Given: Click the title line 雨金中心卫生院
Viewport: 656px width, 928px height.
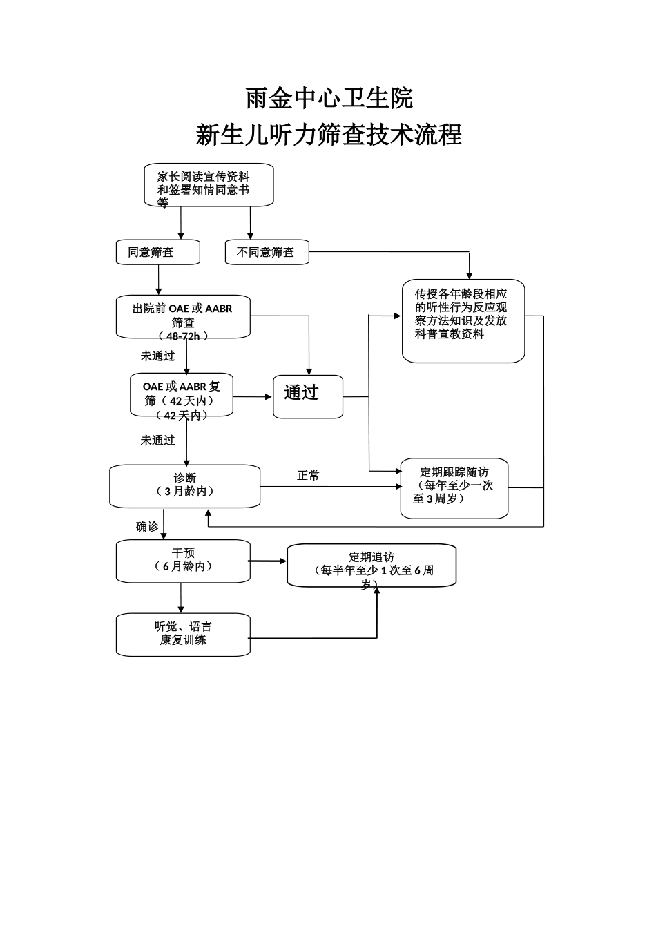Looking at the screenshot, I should (x=329, y=98).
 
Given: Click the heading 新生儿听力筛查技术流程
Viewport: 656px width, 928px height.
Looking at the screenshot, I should (x=329, y=135).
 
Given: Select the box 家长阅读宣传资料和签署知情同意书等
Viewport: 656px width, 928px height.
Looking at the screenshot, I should (x=209, y=185).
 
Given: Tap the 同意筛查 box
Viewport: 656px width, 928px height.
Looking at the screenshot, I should (x=157, y=252).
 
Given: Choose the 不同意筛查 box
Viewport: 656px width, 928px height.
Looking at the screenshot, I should (x=267, y=252).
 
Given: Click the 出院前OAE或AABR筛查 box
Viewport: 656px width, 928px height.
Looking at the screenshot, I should (x=183, y=318).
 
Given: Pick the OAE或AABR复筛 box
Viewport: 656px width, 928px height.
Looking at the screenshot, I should (x=182, y=395).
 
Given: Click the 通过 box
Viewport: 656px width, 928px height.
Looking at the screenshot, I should (x=308, y=396).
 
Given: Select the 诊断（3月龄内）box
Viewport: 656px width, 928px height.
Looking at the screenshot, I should (x=185, y=486).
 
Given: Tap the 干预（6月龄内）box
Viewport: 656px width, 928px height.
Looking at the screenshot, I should (x=183, y=561).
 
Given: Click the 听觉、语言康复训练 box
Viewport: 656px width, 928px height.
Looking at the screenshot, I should (x=183, y=634).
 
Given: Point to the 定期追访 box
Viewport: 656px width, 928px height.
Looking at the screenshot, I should (x=372, y=565).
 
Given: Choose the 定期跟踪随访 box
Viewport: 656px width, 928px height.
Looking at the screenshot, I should (x=454, y=487).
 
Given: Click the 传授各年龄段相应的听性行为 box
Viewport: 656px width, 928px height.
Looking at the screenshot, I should (x=463, y=320).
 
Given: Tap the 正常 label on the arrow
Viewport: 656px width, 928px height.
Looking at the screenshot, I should (x=308, y=476).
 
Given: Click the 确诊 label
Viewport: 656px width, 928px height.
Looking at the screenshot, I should (x=147, y=526).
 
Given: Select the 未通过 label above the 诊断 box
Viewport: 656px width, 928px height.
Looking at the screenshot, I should (x=157, y=440).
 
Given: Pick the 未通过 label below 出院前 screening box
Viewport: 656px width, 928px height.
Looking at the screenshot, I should (x=157, y=356).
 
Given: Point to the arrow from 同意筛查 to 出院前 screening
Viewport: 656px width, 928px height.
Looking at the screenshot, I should (x=159, y=280).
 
